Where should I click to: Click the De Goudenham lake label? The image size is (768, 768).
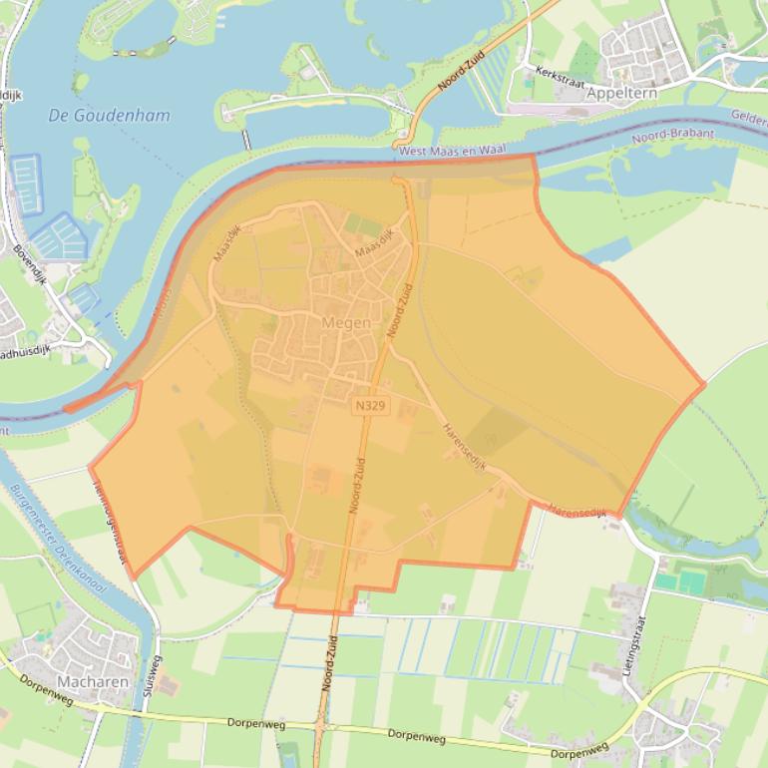click(109, 115)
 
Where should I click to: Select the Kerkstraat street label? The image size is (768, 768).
click(557, 73)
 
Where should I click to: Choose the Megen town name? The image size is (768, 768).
click(346, 322)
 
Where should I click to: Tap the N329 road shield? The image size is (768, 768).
click(368, 406)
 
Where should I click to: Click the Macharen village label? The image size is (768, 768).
click(93, 682)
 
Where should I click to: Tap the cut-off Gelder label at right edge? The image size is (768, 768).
click(749, 117)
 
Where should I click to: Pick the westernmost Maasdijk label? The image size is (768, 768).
click(227, 243)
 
